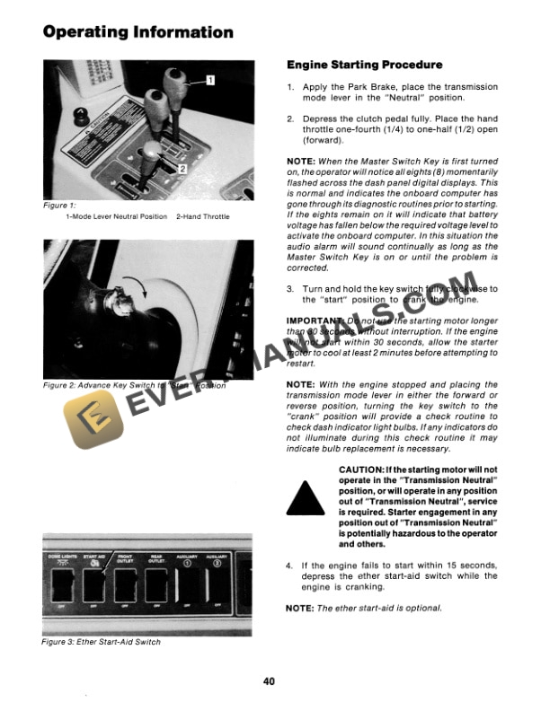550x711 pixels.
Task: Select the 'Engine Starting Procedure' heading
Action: click(x=364, y=66)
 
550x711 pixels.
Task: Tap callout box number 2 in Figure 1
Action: click(x=182, y=167)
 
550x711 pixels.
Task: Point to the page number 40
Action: click(x=270, y=680)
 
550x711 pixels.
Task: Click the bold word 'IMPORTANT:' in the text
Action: click(x=311, y=320)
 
